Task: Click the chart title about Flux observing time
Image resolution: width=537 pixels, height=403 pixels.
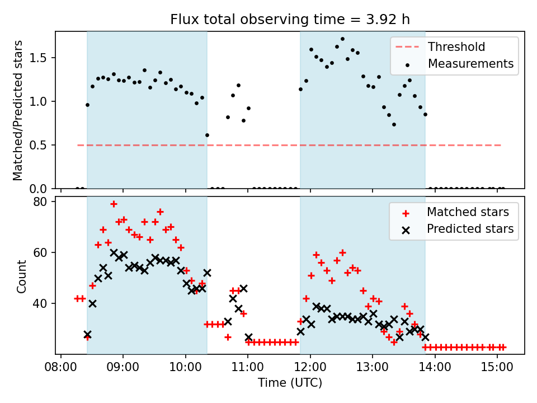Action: click(290, 20)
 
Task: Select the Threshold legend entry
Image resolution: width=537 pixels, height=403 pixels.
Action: click(456, 47)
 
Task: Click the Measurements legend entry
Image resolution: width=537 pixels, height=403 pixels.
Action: click(470, 64)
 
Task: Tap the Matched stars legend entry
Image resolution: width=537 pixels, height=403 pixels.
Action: click(468, 212)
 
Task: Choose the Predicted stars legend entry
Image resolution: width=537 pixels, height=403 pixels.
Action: click(470, 228)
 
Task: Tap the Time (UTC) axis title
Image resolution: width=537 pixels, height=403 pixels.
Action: click(290, 383)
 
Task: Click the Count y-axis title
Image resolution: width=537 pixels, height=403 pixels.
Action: click(22, 276)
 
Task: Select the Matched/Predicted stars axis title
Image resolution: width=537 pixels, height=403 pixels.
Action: click(18, 110)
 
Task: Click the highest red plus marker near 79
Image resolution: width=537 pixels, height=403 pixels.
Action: click(114, 204)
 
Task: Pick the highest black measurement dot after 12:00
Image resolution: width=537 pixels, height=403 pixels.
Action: click(342, 39)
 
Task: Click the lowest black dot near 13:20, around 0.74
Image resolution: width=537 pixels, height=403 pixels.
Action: click(394, 124)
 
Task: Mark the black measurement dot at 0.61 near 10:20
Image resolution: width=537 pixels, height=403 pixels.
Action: click(207, 135)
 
